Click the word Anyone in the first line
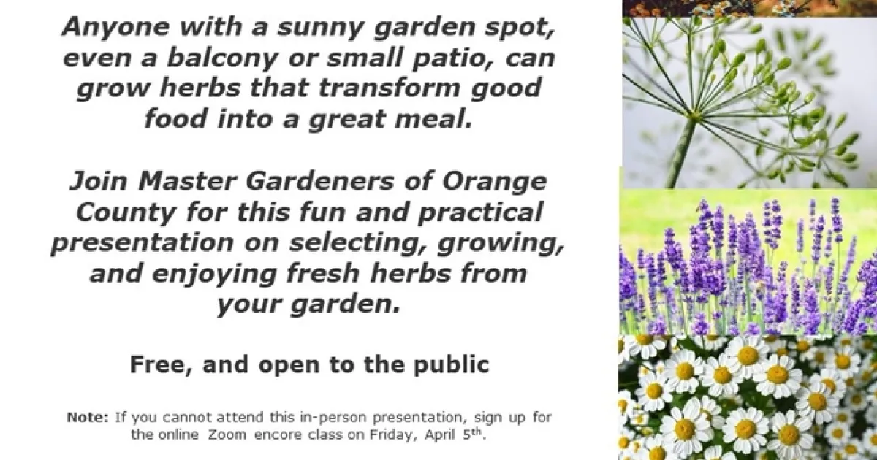(115, 26)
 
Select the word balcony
(222, 58)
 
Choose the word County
(125, 212)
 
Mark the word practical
(480, 212)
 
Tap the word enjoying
(215, 275)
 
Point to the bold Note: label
(88, 417)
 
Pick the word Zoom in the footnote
(227, 434)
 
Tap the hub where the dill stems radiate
(694, 115)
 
